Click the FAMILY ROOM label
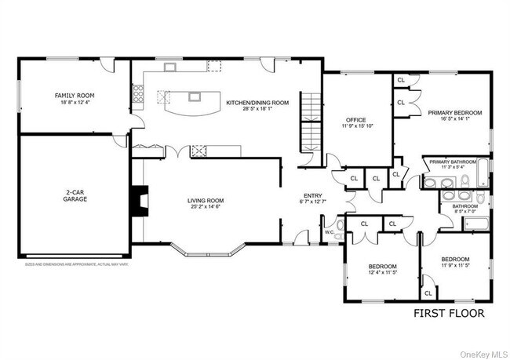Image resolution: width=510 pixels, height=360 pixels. point(73,95)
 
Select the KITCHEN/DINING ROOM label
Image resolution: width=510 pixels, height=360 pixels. point(257,103)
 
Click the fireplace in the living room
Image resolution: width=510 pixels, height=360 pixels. point(138,200)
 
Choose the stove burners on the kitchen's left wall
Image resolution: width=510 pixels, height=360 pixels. point(138,95)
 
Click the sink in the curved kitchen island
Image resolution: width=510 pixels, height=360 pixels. point(195,97)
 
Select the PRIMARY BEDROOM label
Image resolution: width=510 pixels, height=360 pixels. point(455,113)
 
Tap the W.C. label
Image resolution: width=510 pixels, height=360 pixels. point(330,231)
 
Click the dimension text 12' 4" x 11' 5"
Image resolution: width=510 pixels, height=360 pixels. point(384,272)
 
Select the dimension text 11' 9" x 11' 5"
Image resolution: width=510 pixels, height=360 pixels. point(455,265)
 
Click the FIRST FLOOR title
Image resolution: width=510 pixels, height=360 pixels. point(449,314)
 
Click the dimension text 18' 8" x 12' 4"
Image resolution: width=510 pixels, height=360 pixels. point(73,102)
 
